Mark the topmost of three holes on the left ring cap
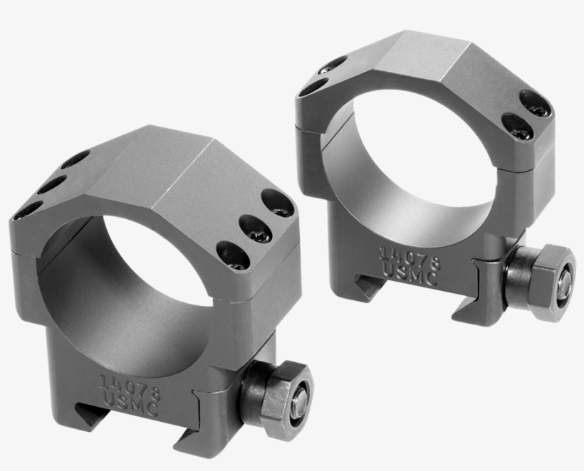pos(74,159)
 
